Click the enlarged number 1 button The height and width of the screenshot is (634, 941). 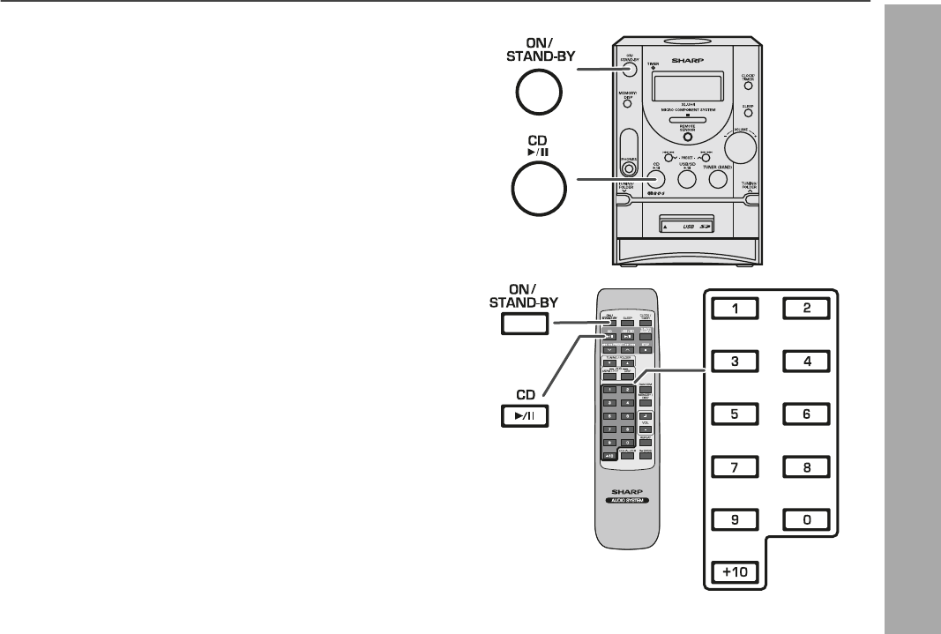click(x=737, y=309)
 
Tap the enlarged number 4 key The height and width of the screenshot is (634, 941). click(x=805, y=361)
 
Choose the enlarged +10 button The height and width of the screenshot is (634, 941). click(x=737, y=571)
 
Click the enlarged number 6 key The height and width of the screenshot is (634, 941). click(x=805, y=414)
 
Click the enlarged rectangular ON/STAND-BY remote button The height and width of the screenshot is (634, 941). click(x=525, y=324)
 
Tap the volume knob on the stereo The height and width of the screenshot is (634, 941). click(x=742, y=146)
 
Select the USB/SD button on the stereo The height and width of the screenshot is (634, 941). click(x=687, y=180)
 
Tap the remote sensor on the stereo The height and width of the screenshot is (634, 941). click(x=687, y=138)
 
